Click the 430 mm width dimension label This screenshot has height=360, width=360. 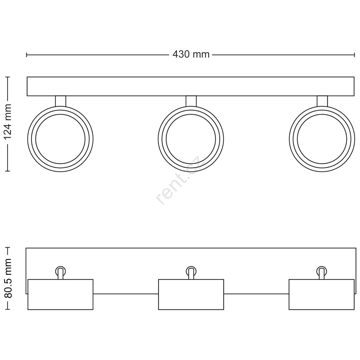coord(191,54)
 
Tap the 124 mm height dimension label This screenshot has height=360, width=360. coord(8,121)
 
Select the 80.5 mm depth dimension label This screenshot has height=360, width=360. coord(8,278)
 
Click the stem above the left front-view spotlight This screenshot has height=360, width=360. coord(61,101)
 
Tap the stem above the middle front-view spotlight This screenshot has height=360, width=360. coord(191,101)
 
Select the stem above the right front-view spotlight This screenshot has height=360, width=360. coord(322,101)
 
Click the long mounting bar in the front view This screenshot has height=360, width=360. coord(190,86)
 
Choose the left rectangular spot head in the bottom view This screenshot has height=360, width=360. coord(60,294)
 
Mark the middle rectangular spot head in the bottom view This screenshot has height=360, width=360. coord(191,294)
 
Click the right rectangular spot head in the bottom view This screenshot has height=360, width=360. coord(321,294)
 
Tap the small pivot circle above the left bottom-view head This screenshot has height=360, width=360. coord(60,271)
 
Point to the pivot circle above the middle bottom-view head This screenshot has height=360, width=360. coord(191,271)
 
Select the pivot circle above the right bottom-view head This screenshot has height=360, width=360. coord(321,271)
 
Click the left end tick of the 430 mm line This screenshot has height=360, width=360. coord(27,55)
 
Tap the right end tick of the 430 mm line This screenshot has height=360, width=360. coord(354,55)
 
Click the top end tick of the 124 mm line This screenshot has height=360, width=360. coord(8,77)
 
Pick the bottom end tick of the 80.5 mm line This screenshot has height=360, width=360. coord(8,310)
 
